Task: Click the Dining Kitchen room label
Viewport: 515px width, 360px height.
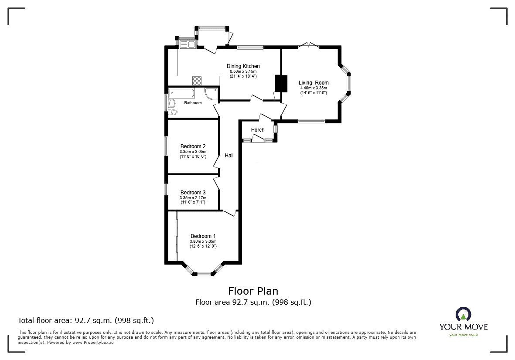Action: [x=243, y=66]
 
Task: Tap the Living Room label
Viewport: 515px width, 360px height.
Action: [x=314, y=83]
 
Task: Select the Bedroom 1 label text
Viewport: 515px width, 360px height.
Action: [x=203, y=236]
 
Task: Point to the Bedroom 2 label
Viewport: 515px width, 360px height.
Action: [x=193, y=146]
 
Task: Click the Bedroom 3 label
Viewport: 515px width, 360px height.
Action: [x=193, y=193]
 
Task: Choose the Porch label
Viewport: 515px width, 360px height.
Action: [x=258, y=130]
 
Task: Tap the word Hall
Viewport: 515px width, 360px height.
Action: [x=229, y=155]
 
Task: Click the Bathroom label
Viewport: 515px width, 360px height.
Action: [x=193, y=103]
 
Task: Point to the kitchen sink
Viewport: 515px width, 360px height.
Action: [x=188, y=43]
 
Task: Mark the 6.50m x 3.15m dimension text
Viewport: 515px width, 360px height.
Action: [x=243, y=71]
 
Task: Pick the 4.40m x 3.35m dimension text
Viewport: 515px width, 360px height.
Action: [x=314, y=88]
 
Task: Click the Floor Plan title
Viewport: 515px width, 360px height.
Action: [x=253, y=291]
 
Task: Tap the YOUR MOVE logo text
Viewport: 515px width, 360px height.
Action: [x=463, y=327]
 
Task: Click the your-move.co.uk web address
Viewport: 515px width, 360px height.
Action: [x=463, y=335]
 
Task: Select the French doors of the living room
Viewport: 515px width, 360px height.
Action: [x=309, y=45]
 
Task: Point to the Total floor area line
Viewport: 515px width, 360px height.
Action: [x=85, y=320]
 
